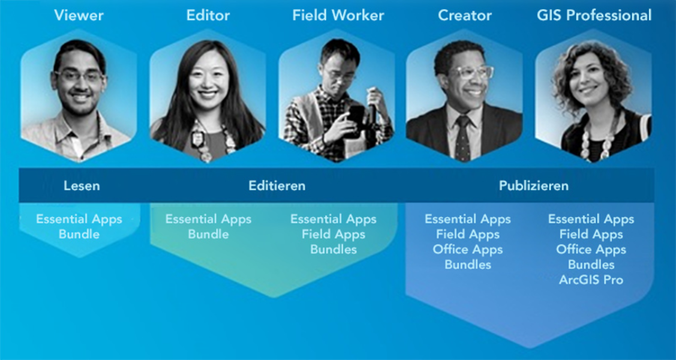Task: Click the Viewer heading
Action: pyautogui.click(x=79, y=16)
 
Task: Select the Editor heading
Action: pyautogui.click(x=208, y=16)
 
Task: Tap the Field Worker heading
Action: pyautogui.click(x=338, y=16)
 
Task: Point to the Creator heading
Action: pyautogui.click(x=465, y=16)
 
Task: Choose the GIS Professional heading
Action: pyautogui.click(x=594, y=16)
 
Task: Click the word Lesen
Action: pyautogui.click(x=82, y=186)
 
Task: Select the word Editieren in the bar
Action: pyautogui.click(x=277, y=186)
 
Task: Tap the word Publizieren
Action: pyautogui.click(x=534, y=186)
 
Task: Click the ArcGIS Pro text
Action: pyautogui.click(x=591, y=280)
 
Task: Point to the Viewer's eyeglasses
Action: pyautogui.click(x=79, y=77)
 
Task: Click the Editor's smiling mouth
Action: pyautogui.click(x=208, y=94)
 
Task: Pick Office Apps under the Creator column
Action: pyautogui.click(x=468, y=250)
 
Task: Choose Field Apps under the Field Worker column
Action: pyautogui.click(x=334, y=235)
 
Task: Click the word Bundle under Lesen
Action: pyautogui.click(x=79, y=235)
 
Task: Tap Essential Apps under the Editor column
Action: pyautogui.click(x=208, y=219)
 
